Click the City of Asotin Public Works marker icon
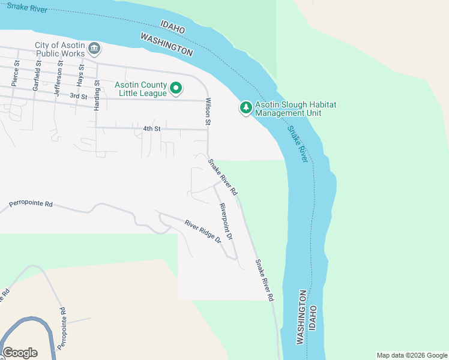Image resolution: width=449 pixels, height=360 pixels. tap(94, 48)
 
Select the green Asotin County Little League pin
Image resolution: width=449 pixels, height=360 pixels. tap(176, 89)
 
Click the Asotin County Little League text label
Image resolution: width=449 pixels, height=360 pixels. tap(141, 89)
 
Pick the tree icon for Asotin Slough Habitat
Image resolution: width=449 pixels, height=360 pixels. tap(246, 108)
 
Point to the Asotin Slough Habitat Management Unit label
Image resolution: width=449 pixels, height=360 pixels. tap(295, 109)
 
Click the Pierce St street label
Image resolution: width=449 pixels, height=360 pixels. tap(16, 71)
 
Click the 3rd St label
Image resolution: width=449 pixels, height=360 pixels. tap(78, 96)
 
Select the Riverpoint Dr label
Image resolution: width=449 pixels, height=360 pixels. tap(226, 222)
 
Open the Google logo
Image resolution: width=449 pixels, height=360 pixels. tap(20, 353)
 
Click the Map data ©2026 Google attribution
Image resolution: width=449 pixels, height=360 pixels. tap(411, 355)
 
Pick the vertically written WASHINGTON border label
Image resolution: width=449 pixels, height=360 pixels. tap(301, 317)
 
